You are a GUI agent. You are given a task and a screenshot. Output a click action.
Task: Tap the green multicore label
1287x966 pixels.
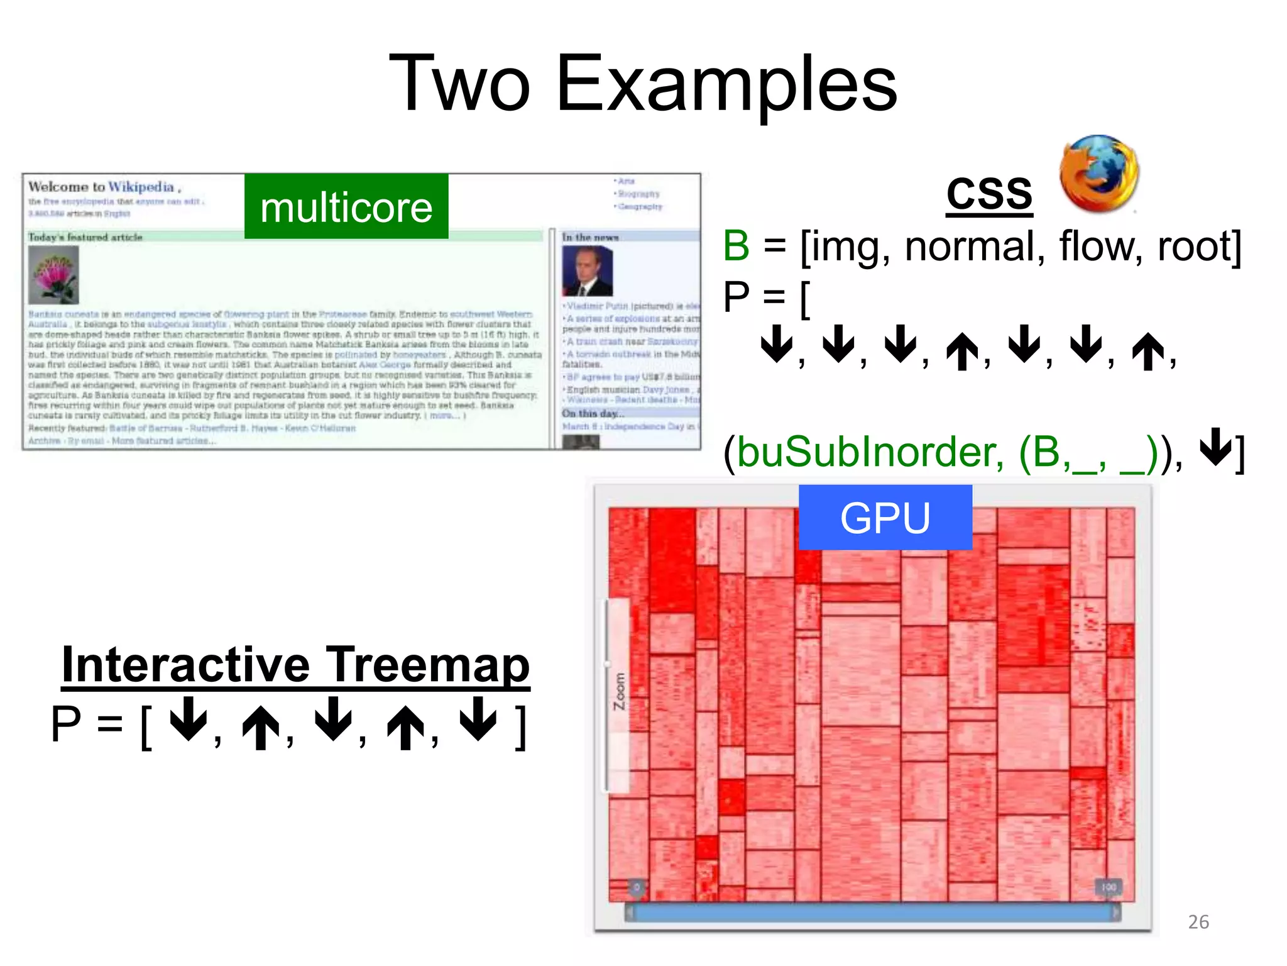click(x=346, y=207)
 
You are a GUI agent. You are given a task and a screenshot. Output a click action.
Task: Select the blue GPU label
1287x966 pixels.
click(x=885, y=518)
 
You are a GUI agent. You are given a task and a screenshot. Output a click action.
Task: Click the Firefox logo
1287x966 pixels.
click(x=1098, y=173)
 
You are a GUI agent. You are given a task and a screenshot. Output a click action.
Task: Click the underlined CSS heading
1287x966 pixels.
click(x=989, y=193)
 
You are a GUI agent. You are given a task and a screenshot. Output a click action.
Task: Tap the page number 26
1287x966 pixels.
click(x=1198, y=921)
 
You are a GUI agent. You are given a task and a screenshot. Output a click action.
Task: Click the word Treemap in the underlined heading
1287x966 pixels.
click(x=428, y=665)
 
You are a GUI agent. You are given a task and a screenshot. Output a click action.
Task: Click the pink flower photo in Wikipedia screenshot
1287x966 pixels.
click(x=53, y=275)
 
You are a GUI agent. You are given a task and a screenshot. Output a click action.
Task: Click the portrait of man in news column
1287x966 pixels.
click(x=587, y=271)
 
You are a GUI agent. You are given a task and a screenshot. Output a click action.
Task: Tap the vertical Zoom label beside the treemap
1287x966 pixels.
click(x=619, y=691)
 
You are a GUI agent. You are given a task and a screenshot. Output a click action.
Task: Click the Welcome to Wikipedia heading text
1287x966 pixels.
click(x=104, y=187)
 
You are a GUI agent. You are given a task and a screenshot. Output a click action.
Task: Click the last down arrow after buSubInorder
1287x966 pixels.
click(x=1217, y=447)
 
